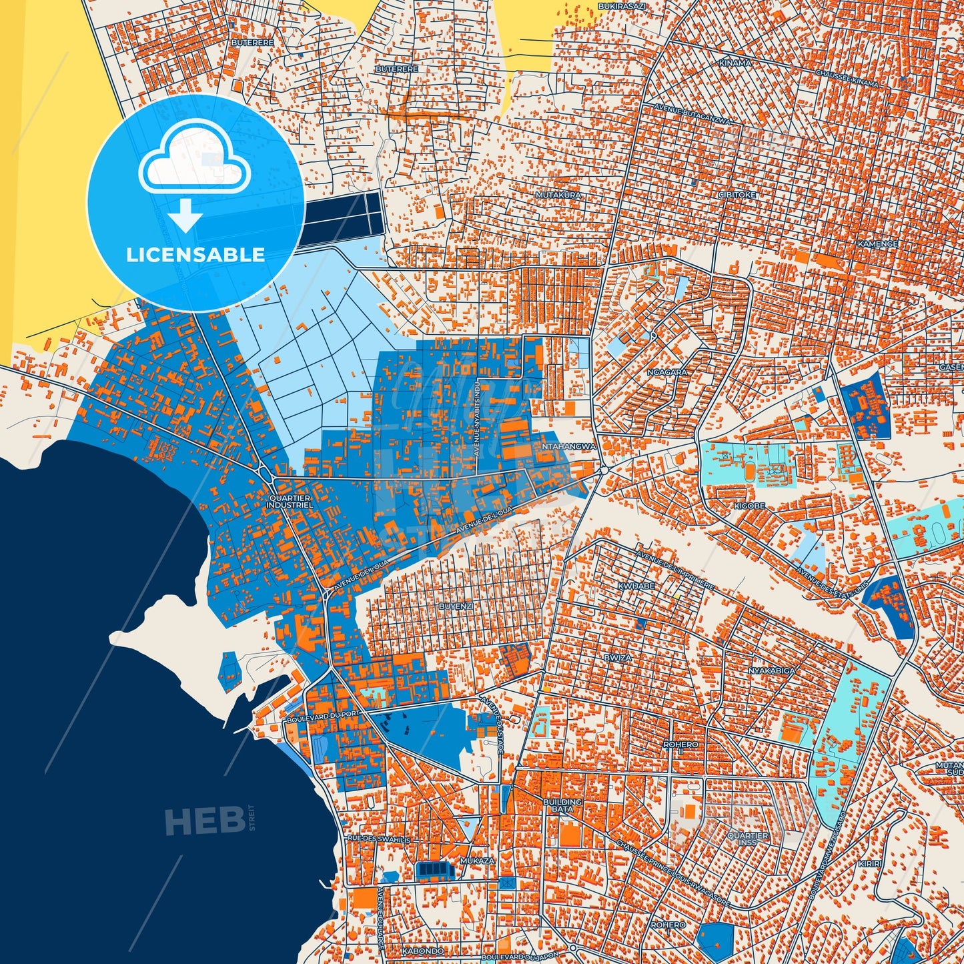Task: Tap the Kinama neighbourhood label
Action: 735,63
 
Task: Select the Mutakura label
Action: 558,195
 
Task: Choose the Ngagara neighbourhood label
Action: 667,372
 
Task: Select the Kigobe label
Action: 750,506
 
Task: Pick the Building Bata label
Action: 562,805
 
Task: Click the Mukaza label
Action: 478,861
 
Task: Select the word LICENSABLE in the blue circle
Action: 195,255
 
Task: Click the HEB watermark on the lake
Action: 204,821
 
